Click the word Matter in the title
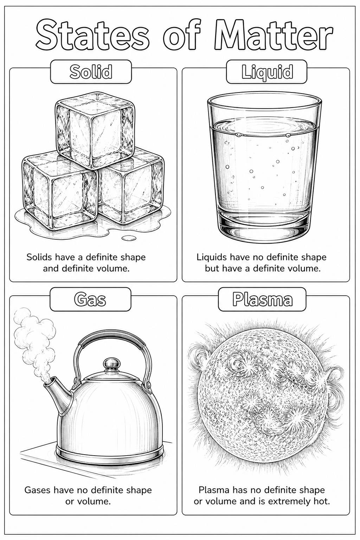coord(273,34)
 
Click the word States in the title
coord(92,34)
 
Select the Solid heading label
coord(91,72)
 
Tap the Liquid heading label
coord(267,72)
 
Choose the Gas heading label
coord(90,299)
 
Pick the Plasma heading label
coord(262,299)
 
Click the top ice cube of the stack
coord(95,129)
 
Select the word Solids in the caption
coord(39,257)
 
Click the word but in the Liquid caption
coord(212,268)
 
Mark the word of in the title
coord(181,34)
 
